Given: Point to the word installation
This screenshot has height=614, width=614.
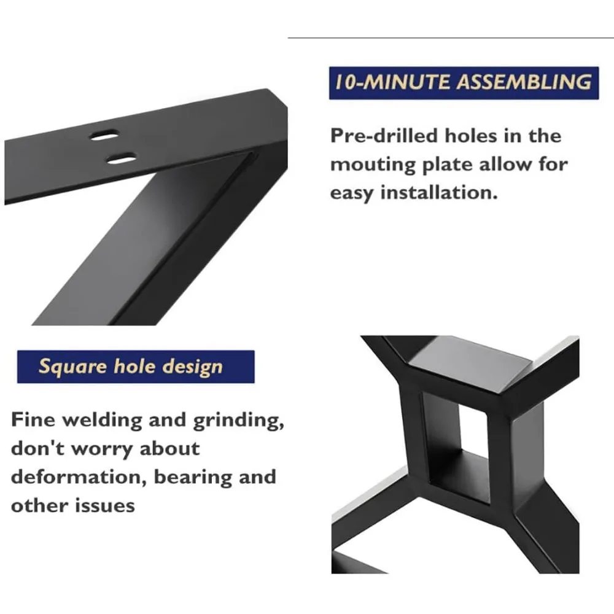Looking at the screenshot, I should point(438,193).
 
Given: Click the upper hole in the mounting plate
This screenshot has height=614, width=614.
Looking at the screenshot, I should point(105,135).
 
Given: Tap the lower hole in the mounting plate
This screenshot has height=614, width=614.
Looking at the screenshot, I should point(121,158).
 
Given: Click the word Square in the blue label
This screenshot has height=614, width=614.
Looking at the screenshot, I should point(73,367).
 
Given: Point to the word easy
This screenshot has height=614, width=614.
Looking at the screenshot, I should point(352,193).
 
